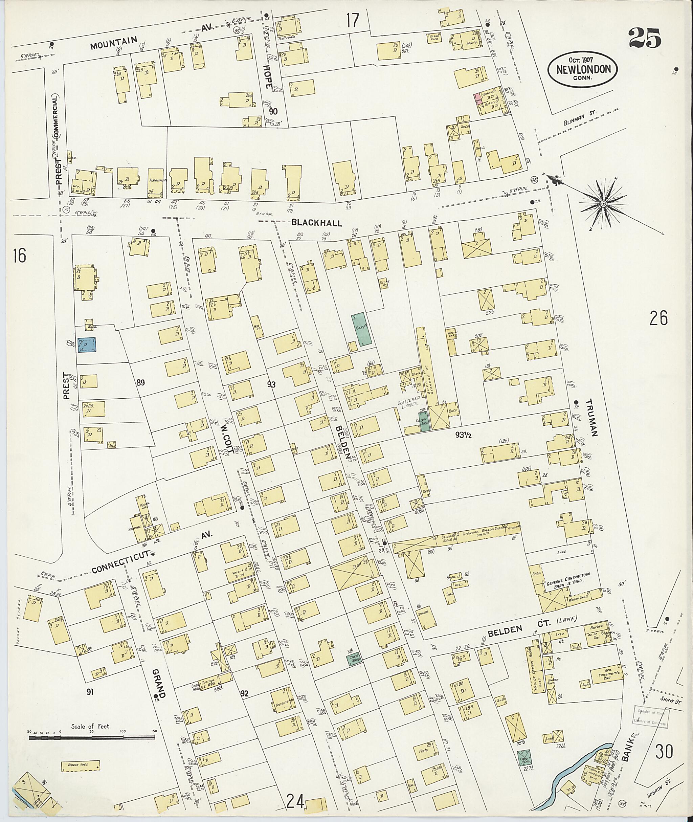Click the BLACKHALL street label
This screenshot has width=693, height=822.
(317, 223)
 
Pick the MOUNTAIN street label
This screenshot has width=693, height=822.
(114, 42)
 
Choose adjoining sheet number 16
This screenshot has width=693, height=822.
(19, 256)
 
